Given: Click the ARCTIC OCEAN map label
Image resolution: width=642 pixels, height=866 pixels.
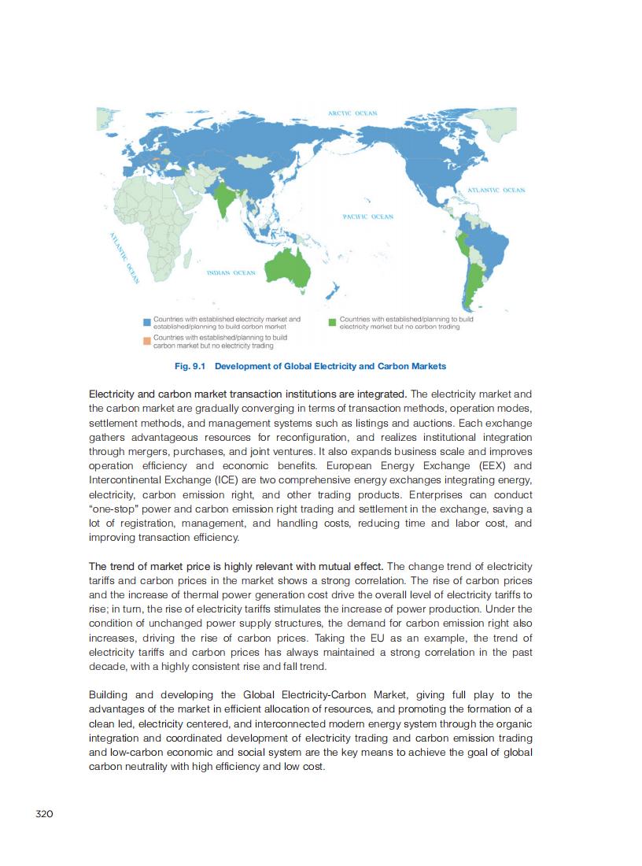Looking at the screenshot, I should pyautogui.click(x=352, y=113).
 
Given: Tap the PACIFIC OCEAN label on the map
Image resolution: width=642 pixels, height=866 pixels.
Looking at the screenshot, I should pyautogui.click(x=367, y=216).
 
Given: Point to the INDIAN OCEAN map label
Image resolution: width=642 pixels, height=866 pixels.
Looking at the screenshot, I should pyautogui.click(x=231, y=273).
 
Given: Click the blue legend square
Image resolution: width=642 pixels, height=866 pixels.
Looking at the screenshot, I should pyautogui.click(x=147, y=322).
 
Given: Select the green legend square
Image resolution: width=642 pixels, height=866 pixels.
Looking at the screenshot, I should pyautogui.click(x=333, y=322).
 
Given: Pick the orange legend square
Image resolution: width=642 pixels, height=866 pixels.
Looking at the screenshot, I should pyautogui.click(x=147, y=341).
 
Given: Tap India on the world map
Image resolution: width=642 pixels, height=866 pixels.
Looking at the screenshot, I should pyautogui.click(x=226, y=199).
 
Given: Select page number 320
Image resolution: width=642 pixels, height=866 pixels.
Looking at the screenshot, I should pyautogui.click(x=44, y=813).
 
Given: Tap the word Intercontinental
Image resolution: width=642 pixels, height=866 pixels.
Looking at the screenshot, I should pyautogui.click(x=126, y=480).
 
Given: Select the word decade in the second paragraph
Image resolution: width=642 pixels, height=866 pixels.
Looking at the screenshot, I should pyautogui.click(x=107, y=666).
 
